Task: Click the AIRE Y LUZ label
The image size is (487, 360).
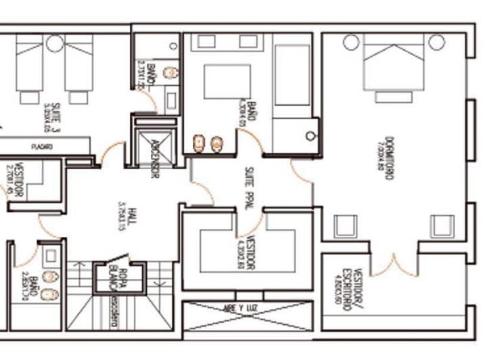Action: [x=248, y=308]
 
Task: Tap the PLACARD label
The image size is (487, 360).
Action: [x=41, y=146]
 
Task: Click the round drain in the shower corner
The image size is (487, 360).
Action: [x=310, y=136]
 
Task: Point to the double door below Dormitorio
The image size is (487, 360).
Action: [x=394, y=265]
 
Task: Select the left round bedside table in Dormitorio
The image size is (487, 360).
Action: [x=350, y=43]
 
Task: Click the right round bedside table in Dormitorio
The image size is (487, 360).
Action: [x=437, y=43]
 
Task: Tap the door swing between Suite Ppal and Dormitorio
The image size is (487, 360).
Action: [x=302, y=173]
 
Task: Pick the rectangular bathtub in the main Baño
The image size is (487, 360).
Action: [x=292, y=75]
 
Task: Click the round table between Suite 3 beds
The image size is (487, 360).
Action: [x=55, y=44]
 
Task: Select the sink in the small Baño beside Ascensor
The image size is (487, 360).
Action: [x=170, y=72]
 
